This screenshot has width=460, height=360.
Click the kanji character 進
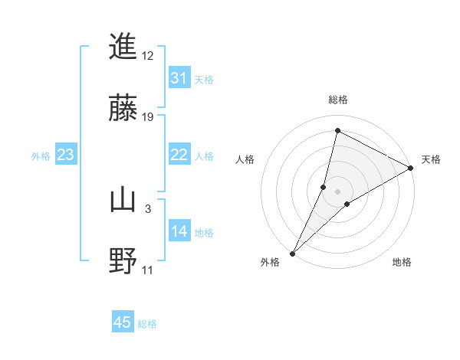(123, 47)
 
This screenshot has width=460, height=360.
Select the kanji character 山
(123, 200)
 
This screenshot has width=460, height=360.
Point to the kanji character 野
(123, 260)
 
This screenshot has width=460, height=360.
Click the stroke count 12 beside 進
(148, 56)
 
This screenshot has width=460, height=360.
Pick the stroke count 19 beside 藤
(148, 116)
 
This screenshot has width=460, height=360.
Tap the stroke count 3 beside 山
(148, 208)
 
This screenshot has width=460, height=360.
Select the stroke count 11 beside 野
(148, 270)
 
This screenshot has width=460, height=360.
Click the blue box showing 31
(179, 78)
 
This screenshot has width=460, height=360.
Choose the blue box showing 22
(179, 155)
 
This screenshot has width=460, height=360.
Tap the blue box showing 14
(179, 231)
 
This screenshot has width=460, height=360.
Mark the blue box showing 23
(66, 155)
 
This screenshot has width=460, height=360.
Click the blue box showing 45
(123, 322)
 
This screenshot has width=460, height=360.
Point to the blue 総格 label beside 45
(147, 324)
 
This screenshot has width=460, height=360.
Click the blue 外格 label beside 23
(41, 156)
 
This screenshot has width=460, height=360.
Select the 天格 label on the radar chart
(432, 159)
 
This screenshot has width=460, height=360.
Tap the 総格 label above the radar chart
(338, 100)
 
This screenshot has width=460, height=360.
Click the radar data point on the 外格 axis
(292, 253)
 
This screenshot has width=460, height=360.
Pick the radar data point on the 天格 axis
(411, 168)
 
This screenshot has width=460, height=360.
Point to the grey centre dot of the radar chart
(338, 191)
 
